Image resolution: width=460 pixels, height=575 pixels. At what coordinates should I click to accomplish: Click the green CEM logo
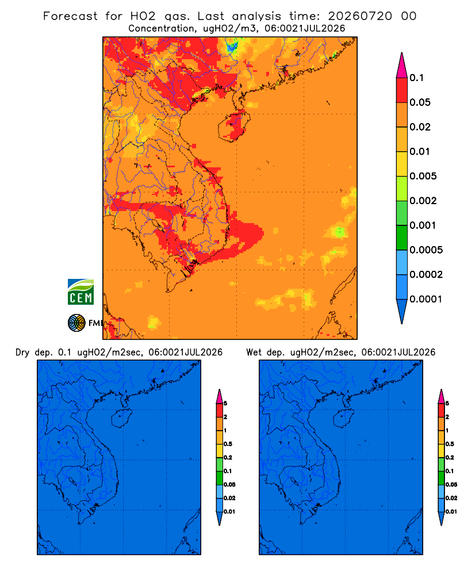click(x=80, y=292)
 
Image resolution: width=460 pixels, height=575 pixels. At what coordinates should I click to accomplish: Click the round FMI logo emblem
click(x=76, y=323)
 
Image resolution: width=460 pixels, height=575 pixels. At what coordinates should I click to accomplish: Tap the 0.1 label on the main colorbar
click(x=416, y=78)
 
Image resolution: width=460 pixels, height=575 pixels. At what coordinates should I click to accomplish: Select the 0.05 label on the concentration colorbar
click(x=420, y=102)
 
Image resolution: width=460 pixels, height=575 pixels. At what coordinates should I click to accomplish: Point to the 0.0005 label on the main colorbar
click(x=426, y=250)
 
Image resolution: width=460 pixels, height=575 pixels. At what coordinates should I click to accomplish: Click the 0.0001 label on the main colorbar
click(x=426, y=299)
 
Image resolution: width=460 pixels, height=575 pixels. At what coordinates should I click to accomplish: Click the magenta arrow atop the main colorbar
click(x=402, y=66)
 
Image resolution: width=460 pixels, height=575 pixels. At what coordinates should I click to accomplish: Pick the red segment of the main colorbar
click(x=402, y=90)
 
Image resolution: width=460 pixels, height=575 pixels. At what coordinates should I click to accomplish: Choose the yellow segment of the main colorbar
click(x=402, y=164)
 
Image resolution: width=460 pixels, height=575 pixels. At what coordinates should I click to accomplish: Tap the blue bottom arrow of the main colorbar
click(x=402, y=311)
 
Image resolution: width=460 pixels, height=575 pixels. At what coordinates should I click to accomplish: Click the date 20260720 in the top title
click(x=360, y=16)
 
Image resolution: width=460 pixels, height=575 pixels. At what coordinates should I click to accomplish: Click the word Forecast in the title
click(x=70, y=16)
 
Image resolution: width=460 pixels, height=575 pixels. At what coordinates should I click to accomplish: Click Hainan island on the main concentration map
click(x=234, y=126)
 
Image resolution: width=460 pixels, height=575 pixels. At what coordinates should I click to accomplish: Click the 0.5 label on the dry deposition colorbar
click(x=228, y=444)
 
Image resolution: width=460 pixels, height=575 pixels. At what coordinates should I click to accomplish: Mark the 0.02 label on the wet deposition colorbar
click(x=451, y=498)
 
